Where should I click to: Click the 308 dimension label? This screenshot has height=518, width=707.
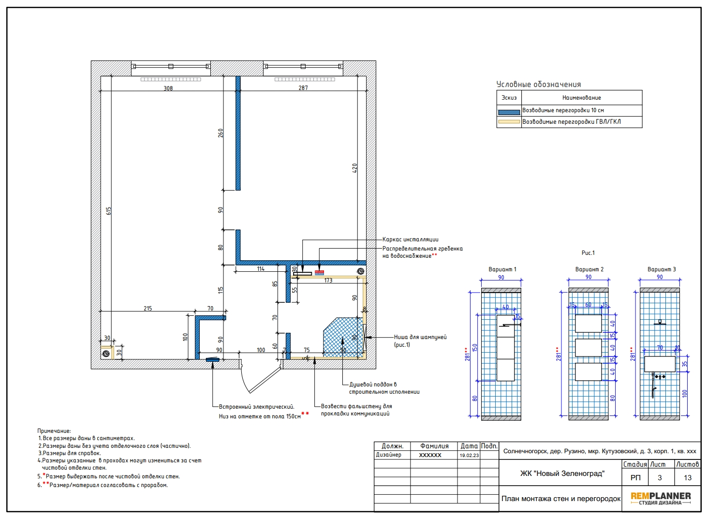pyautogui.click(x=168, y=89)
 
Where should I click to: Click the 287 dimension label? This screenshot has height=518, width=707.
pyautogui.click(x=303, y=88)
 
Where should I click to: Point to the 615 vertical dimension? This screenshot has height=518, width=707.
pyautogui.click(x=109, y=211)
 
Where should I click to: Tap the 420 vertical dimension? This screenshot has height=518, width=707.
pyautogui.click(x=354, y=168)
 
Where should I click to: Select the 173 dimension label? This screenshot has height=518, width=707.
pyautogui.click(x=328, y=281)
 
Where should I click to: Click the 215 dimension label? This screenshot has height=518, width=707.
pyautogui.click(x=147, y=309)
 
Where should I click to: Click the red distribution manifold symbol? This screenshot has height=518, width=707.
pyautogui.click(x=319, y=272)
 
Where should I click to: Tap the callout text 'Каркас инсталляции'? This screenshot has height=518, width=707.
pyautogui.click(x=410, y=239)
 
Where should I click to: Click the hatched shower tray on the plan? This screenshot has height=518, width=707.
pyautogui.click(x=343, y=338)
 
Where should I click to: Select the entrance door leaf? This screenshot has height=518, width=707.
pyautogui.click(x=265, y=380)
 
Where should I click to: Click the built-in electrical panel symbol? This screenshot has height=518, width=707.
pyautogui.click(x=212, y=360)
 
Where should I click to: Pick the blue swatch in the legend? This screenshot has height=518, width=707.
pyautogui.click(x=509, y=112)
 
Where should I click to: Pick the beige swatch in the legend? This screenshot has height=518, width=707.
pyautogui.click(x=509, y=121)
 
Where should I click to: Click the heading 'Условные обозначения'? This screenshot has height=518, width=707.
pyautogui.click(x=538, y=85)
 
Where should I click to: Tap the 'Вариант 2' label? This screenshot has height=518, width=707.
pyautogui.click(x=589, y=269)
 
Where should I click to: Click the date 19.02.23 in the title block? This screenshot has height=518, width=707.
pyautogui.click(x=469, y=455)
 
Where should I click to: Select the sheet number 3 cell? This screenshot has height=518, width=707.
pyautogui.click(x=660, y=477)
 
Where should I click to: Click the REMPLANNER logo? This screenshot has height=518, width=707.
pyautogui.click(x=661, y=499)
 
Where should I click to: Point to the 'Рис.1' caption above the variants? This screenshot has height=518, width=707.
pyautogui.click(x=588, y=253)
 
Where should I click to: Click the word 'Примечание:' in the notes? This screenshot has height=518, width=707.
pyautogui.click(x=54, y=431)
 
